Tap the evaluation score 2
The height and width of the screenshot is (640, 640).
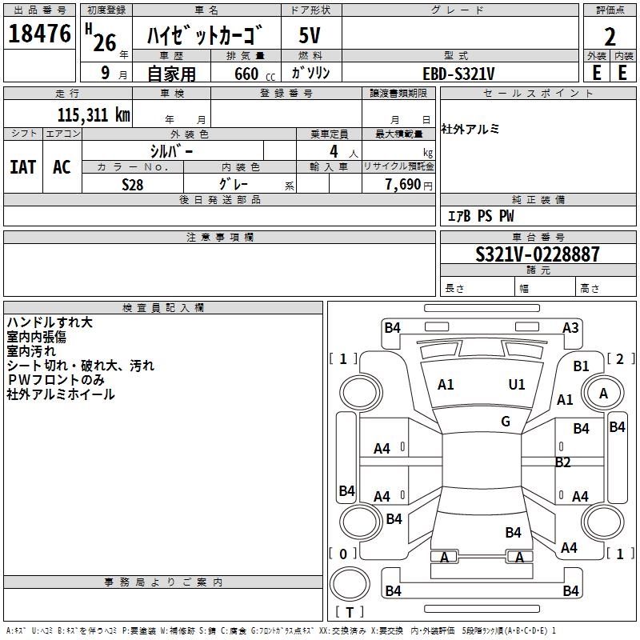pyautogui.click(x=610, y=37)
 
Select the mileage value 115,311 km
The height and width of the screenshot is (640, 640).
pyautogui.click(x=94, y=114)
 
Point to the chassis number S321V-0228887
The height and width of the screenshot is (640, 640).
pyautogui.click(x=537, y=255)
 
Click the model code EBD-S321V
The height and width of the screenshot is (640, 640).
pyautogui.click(x=458, y=74)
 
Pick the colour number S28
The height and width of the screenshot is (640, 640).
pyautogui.click(x=133, y=184)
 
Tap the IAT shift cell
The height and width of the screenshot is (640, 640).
pyautogui.click(x=22, y=167)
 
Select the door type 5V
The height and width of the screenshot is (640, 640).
pyautogui.click(x=310, y=37)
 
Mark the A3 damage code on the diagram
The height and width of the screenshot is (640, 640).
pyautogui.click(x=570, y=327)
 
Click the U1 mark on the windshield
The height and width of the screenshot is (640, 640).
pyautogui.click(x=517, y=384)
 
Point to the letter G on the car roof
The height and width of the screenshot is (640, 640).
pyautogui.click(x=506, y=422)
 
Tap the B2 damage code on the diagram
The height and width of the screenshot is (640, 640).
pyautogui.click(x=563, y=462)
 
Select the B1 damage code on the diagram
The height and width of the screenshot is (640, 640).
pyautogui.click(x=582, y=366)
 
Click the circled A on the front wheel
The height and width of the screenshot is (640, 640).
pyautogui.click(x=603, y=393)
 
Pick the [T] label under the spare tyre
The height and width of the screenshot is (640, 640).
pyautogui.click(x=349, y=612)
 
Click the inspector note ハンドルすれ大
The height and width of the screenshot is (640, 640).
pyautogui.click(x=50, y=322)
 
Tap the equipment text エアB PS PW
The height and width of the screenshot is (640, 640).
pyautogui.click(x=480, y=216)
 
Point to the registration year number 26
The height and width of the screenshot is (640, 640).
pyautogui.click(x=105, y=42)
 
